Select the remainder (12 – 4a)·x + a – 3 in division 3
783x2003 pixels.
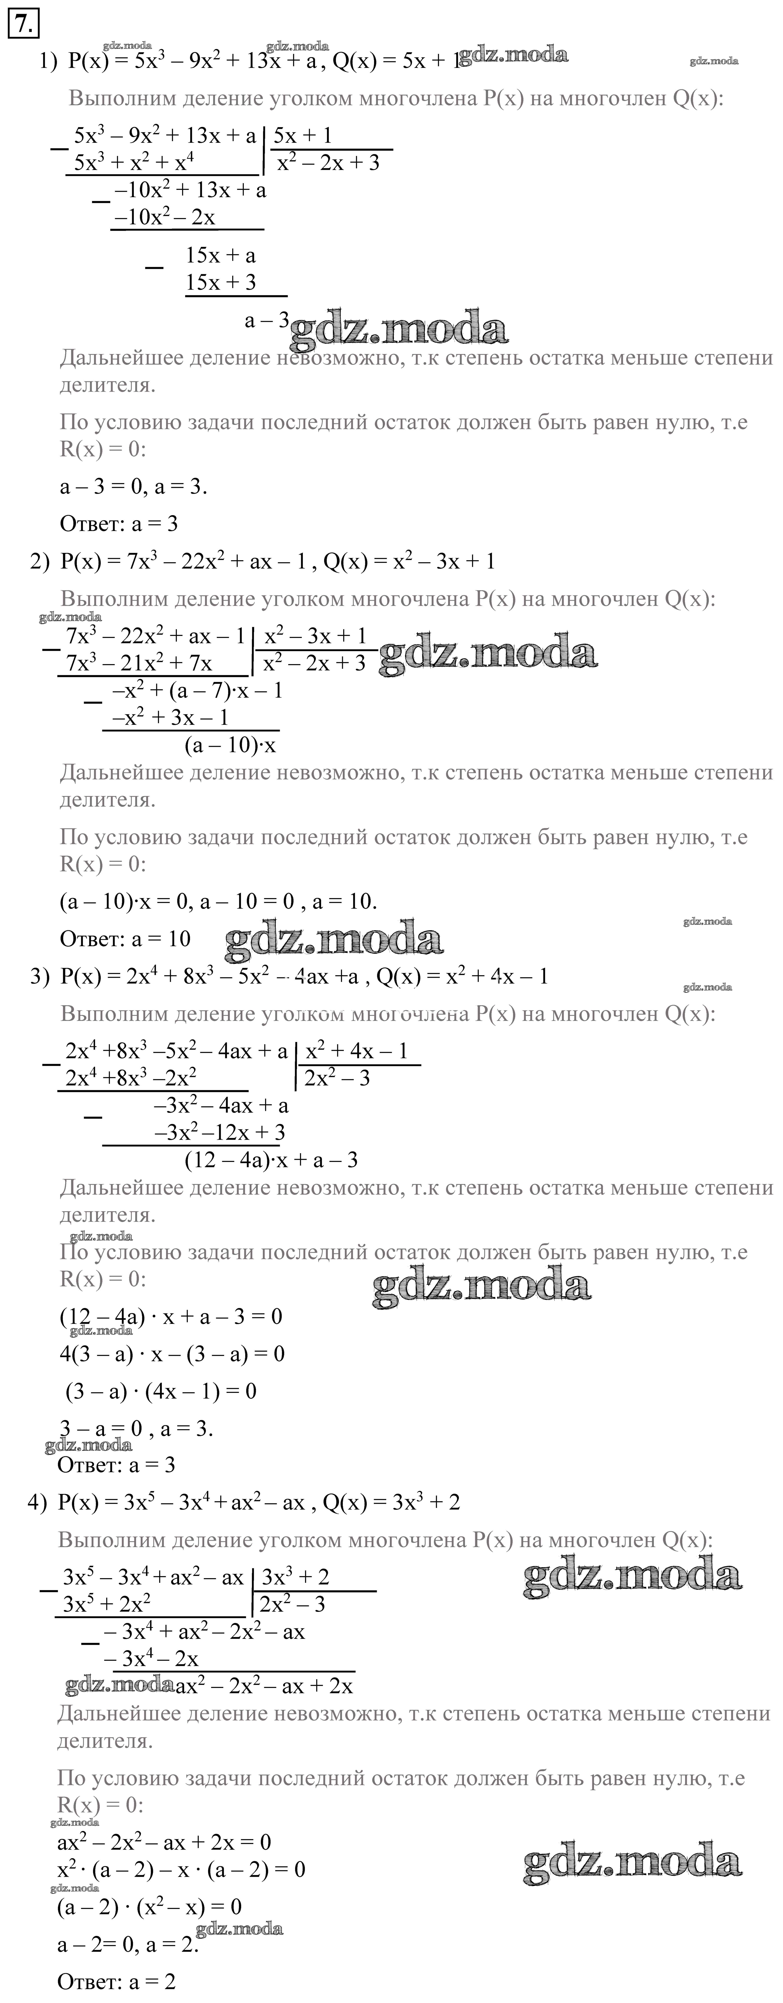pyautogui.click(x=271, y=1160)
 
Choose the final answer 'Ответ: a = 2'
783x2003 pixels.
pyautogui.click(x=117, y=1981)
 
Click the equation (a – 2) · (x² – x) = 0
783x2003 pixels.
pyautogui.click(x=150, y=1907)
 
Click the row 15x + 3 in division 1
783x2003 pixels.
pyautogui.click(x=221, y=282)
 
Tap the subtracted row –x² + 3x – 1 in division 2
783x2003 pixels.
pyautogui.click(x=170, y=717)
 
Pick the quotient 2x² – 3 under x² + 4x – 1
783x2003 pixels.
pyautogui.click(x=337, y=1078)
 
